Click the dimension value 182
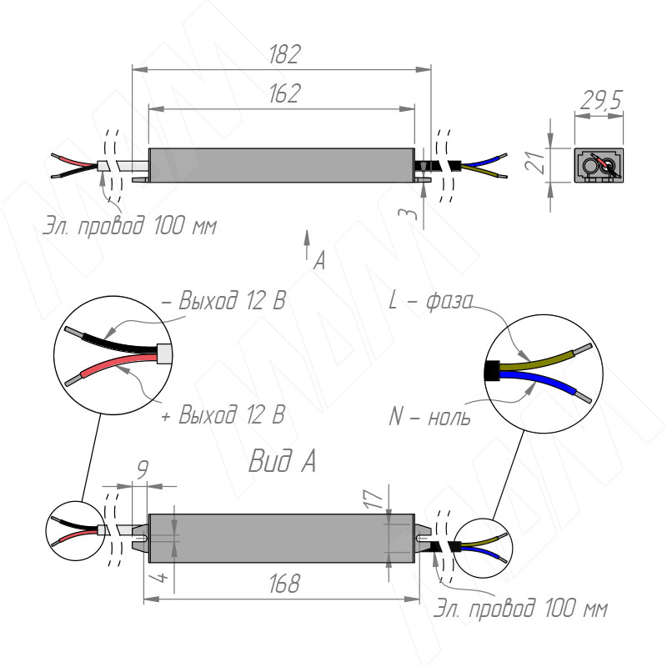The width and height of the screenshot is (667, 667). point(284,55)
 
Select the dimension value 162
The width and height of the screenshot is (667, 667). point(284,93)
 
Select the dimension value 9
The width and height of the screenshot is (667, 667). point(142,472)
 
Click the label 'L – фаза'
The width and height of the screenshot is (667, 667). point(431,301)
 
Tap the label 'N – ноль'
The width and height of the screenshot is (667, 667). point(429,415)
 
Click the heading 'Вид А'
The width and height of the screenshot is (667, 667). point(281,461)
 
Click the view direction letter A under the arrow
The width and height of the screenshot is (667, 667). point(318,261)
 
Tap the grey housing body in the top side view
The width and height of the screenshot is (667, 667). point(281,164)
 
